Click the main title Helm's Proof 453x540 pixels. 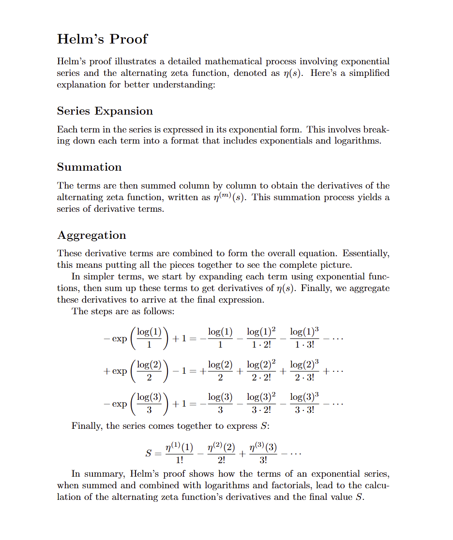[x=102, y=39]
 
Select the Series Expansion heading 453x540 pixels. [x=105, y=111]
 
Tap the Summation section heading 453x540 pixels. [x=89, y=167]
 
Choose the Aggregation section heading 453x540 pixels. [x=91, y=235]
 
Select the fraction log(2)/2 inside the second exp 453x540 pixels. [x=149, y=371]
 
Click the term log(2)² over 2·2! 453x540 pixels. [x=261, y=371]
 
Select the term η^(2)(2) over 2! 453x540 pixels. [x=221, y=454]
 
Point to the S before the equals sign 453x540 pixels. [x=149, y=454]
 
